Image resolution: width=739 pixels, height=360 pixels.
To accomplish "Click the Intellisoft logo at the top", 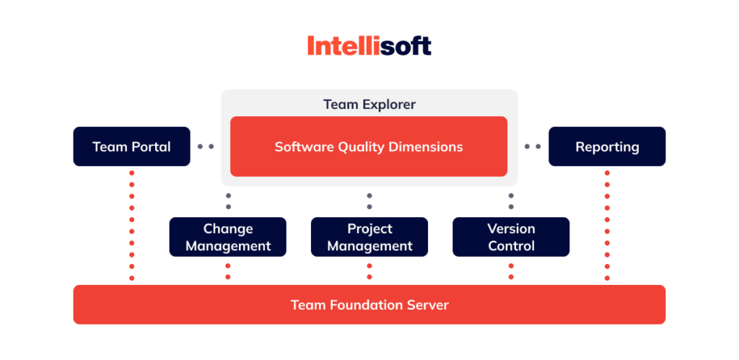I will click(x=369, y=46).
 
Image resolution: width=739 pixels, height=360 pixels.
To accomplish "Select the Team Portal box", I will click(x=131, y=146).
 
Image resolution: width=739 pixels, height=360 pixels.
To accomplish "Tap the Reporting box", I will click(x=607, y=146).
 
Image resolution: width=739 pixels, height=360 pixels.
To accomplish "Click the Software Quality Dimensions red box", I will click(x=369, y=146).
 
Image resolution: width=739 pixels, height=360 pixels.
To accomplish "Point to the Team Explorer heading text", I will click(x=369, y=105).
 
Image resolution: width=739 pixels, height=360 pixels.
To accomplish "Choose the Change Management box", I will click(x=228, y=237).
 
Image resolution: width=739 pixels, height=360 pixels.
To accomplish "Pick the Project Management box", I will click(x=369, y=237).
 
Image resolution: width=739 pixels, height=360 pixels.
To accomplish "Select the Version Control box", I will click(x=511, y=237).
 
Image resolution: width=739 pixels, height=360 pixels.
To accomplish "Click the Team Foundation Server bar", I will click(x=369, y=304).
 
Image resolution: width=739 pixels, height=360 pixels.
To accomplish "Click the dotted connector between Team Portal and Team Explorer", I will click(x=206, y=146).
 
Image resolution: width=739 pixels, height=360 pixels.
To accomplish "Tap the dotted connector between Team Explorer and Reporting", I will click(x=533, y=146).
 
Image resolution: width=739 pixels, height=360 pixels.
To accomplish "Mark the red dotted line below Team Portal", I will click(x=131, y=225).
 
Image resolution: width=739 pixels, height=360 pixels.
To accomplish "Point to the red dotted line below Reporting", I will click(x=607, y=225).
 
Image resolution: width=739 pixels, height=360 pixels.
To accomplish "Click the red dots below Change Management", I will click(x=228, y=271).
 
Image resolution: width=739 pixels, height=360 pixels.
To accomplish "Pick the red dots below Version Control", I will click(x=511, y=271).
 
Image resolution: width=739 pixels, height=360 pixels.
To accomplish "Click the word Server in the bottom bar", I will click(x=427, y=305).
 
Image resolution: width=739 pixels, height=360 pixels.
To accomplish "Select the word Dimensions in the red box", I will click(x=426, y=146).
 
